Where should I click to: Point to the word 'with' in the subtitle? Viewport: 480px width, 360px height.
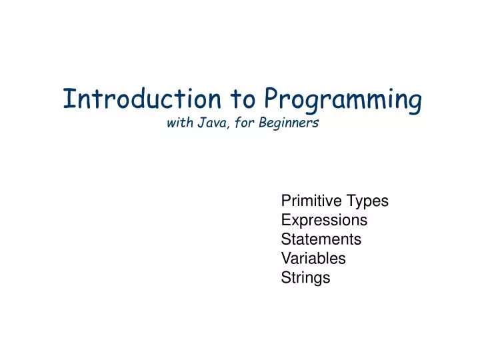point(178,123)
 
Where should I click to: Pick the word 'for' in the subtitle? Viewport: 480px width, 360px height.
point(241,123)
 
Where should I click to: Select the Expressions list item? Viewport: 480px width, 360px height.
point(324,220)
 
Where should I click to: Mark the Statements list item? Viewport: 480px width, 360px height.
point(321,239)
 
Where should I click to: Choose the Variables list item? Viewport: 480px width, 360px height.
point(313,258)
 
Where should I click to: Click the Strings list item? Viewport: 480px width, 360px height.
point(305,278)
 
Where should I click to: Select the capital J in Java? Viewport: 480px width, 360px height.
point(199,123)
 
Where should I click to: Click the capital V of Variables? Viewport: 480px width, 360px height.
point(286,258)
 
